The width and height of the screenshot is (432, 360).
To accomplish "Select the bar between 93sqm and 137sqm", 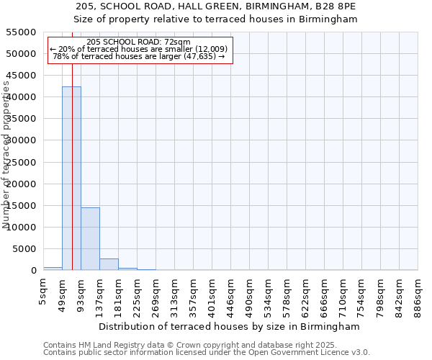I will (90, 238).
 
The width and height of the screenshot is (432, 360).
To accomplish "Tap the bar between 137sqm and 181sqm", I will (109, 264).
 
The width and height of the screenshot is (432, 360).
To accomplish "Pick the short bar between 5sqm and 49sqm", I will (53, 269).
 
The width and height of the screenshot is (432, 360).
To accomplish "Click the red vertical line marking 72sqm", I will (73, 144).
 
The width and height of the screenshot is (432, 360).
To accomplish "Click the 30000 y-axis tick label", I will (24, 140).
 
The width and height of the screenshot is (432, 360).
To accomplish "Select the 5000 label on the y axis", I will (27, 249).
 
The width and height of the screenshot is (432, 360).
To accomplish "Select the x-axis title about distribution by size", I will (230, 326).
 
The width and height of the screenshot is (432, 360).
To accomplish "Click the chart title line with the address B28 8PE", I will (216, 6).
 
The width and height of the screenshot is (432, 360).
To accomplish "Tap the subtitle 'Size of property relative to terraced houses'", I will (216, 19).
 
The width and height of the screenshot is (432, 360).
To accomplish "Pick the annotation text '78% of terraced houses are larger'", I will (139, 57).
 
